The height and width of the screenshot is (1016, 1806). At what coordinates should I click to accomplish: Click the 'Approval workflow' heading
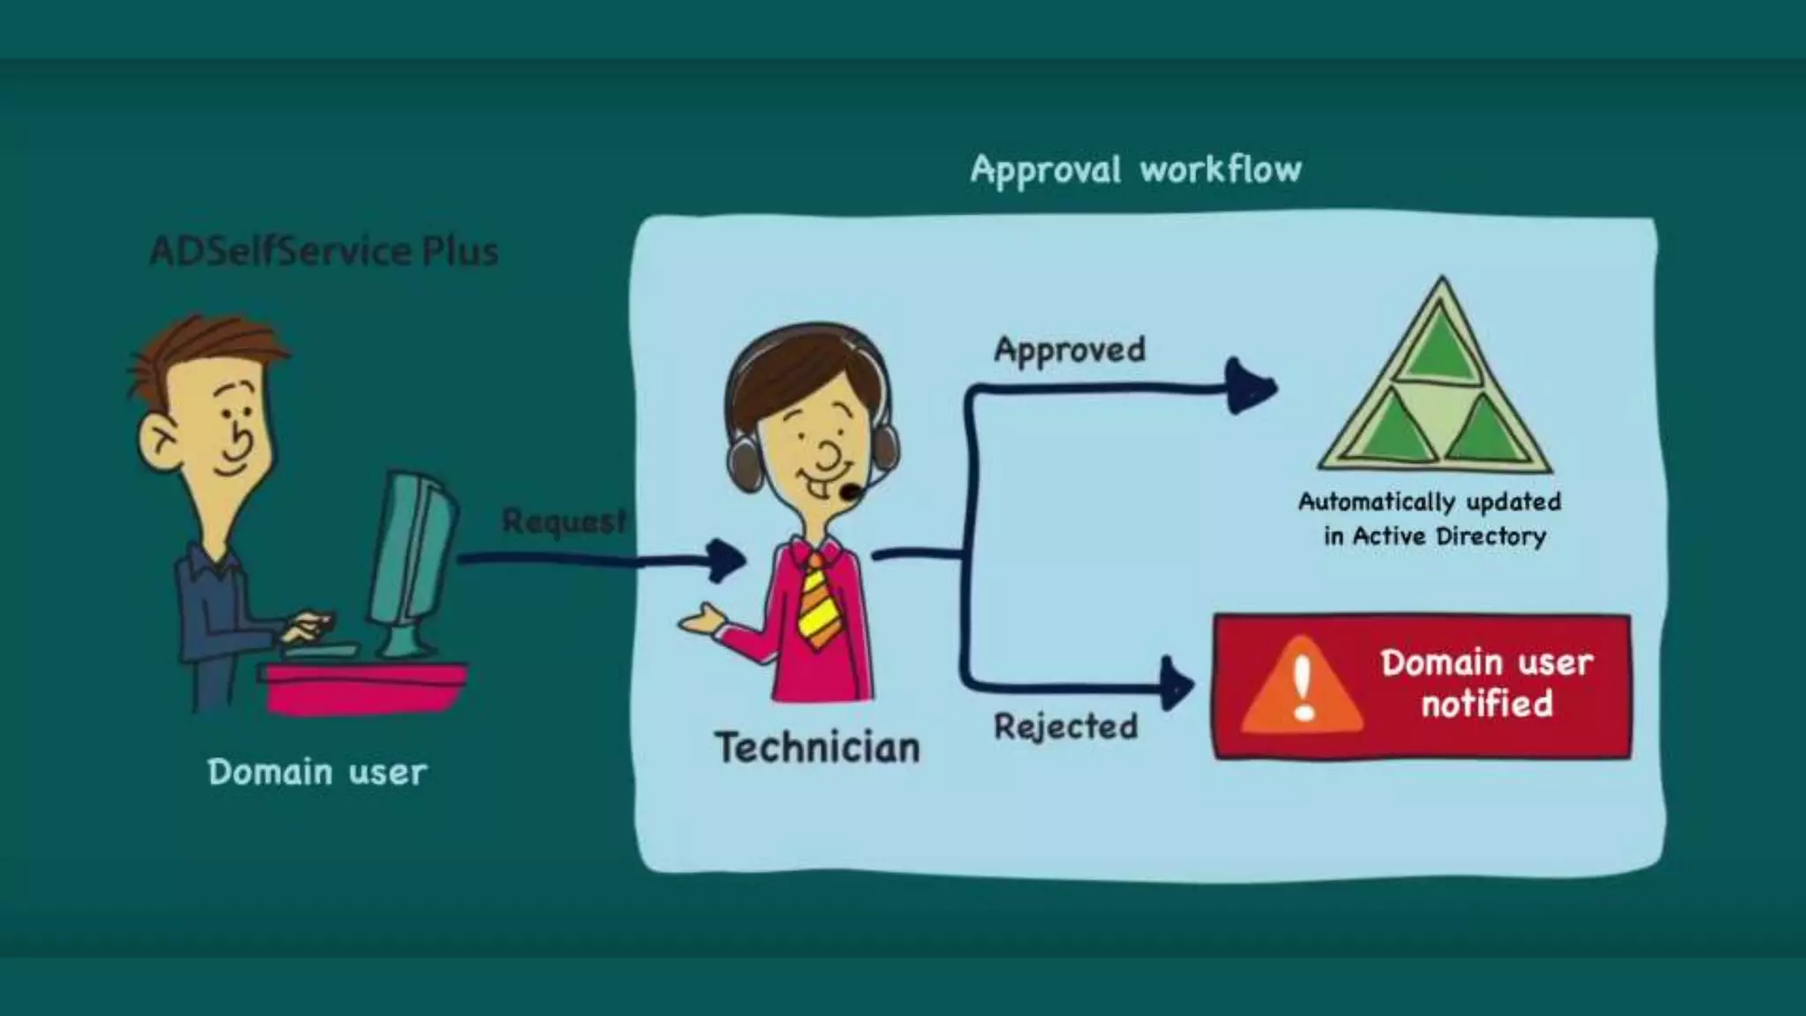pos(1135,169)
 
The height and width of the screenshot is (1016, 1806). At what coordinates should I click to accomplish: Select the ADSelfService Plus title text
pos(324,251)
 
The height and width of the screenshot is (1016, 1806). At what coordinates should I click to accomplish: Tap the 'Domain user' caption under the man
pos(317,773)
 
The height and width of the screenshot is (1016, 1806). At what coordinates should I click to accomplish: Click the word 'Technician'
pos(817,748)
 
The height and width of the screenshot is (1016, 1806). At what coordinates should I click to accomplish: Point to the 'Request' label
pos(563,520)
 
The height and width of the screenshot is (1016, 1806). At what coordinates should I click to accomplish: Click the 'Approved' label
pos(1070,350)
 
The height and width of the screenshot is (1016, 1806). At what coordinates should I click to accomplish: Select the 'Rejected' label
pos(1065,727)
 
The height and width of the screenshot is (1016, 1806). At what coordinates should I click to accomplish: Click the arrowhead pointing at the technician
pos(728,561)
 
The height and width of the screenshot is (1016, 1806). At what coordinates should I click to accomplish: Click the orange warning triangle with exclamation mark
pos(1302,688)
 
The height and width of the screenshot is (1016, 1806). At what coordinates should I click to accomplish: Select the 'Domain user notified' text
pos(1487,684)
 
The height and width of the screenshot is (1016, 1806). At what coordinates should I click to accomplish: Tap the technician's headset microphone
pos(848,491)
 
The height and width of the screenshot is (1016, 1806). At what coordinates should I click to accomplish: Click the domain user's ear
pos(160,439)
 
